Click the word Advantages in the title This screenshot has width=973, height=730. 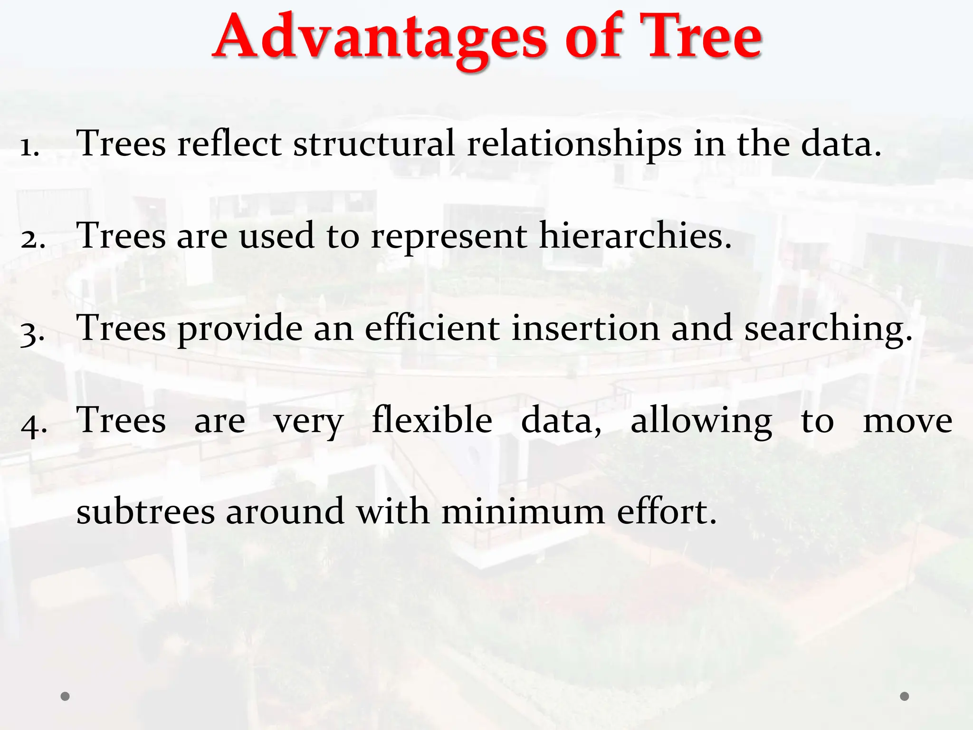click(380, 38)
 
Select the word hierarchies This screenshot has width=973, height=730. click(635, 236)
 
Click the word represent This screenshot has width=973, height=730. click(448, 237)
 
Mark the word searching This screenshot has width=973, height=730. click(828, 329)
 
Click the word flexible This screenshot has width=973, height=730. click(432, 420)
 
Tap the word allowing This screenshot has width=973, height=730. click(701, 421)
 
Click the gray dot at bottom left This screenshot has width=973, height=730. click(66, 696)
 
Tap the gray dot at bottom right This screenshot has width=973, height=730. click(905, 696)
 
